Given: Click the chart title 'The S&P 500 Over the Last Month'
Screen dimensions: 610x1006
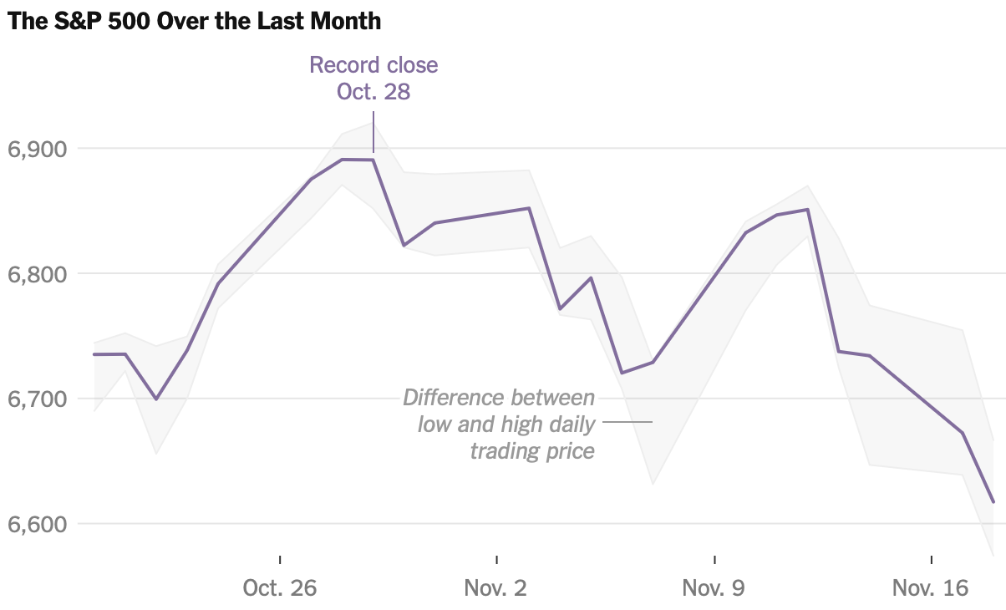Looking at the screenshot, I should [194, 22].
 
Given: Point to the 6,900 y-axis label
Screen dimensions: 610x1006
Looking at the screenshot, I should [36, 150].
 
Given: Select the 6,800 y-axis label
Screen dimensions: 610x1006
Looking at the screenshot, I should [36, 274].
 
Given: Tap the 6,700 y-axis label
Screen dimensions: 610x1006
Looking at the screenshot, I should [36, 399].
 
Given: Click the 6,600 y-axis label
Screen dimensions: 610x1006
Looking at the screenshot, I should [36, 525].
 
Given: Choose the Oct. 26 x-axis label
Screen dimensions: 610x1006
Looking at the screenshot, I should [280, 588].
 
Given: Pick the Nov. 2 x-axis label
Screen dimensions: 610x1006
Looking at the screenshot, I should [496, 588].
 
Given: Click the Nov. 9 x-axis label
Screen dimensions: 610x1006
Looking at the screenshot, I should [714, 588].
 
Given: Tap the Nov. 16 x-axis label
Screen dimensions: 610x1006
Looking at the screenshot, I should [930, 588].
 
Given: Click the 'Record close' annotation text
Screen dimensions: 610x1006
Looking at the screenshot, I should [373, 65].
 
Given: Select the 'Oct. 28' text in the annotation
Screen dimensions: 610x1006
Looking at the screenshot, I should [373, 91].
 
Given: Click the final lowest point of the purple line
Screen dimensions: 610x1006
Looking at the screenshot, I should [993, 502].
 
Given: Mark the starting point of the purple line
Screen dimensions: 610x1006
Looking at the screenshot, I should [94, 354].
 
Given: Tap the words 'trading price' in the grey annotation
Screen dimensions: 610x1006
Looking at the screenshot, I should [532, 451].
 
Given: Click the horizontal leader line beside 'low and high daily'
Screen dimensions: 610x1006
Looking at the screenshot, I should [627, 423].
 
